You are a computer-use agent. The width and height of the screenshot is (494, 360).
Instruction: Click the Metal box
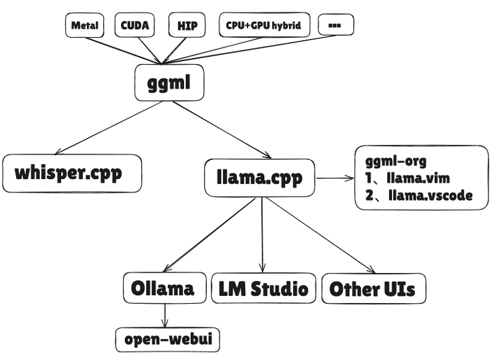point(85,25)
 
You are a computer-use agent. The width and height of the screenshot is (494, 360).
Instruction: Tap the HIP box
point(187,25)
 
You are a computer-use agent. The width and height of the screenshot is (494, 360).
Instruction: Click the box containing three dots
point(336,25)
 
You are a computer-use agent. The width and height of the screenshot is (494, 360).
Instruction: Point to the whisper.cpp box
point(72,173)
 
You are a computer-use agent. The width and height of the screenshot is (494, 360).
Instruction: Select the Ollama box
point(164,288)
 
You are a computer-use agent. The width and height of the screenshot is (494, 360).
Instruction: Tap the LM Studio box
point(263,288)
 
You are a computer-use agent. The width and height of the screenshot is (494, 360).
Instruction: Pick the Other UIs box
point(373,288)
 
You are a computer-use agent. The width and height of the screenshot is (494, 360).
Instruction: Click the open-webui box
point(168,339)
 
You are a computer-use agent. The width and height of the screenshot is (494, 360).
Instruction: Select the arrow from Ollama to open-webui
point(164,315)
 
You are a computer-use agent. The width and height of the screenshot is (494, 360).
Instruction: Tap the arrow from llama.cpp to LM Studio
point(262,235)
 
